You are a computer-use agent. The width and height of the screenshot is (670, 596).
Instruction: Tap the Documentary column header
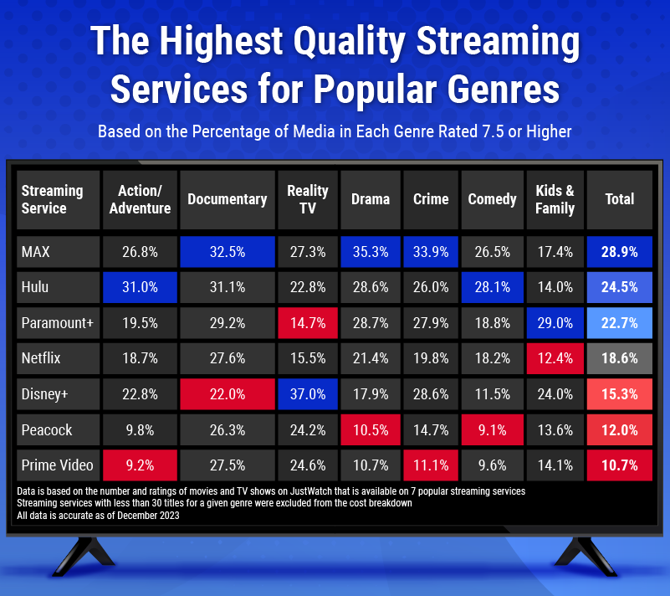227,199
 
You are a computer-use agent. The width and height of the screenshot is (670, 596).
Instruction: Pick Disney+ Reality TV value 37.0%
307,394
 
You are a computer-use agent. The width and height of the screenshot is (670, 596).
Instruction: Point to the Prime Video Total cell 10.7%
620,465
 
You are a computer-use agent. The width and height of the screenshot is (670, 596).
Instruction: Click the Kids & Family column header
555,199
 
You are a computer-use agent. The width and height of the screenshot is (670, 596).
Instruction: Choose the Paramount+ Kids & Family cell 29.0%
555,323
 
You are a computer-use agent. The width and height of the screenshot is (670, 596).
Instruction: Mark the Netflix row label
56,359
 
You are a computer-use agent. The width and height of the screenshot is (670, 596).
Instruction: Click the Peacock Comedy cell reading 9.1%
492,430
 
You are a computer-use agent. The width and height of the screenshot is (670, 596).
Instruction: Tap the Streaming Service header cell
56,199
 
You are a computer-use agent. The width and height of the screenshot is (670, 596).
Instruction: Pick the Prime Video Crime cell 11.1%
431,465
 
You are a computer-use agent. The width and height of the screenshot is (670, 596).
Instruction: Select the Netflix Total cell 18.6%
620,359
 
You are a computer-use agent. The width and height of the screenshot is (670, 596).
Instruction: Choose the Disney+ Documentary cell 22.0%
227,394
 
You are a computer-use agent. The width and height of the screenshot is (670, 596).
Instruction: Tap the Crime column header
431,199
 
